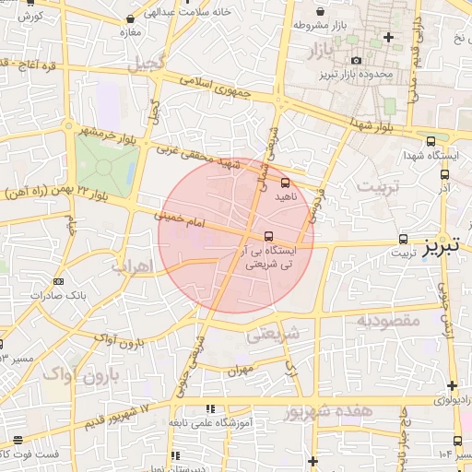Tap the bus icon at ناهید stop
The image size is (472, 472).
click(x=284, y=183)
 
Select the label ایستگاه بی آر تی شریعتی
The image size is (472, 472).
click(x=267, y=256)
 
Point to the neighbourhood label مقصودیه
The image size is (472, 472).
click(x=387, y=321)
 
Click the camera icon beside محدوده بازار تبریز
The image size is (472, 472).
click(x=356, y=61)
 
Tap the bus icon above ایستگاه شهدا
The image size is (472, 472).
click(x=431, y=141)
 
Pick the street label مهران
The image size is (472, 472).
click(x=239, y=370)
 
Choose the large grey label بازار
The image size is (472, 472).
click(x=322, y=46)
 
